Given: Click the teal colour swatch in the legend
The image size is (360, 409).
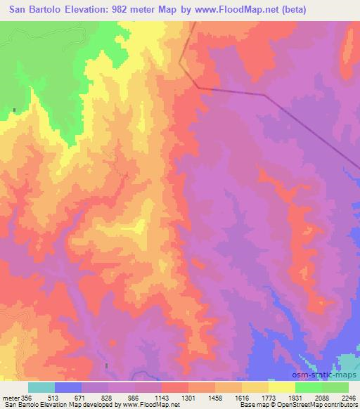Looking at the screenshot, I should point(41,388).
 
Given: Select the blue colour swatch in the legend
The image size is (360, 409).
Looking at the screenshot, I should point(68,388).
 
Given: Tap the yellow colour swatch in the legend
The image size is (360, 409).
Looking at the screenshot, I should point(281,388).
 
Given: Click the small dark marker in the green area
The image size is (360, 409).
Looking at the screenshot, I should point(14,110).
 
